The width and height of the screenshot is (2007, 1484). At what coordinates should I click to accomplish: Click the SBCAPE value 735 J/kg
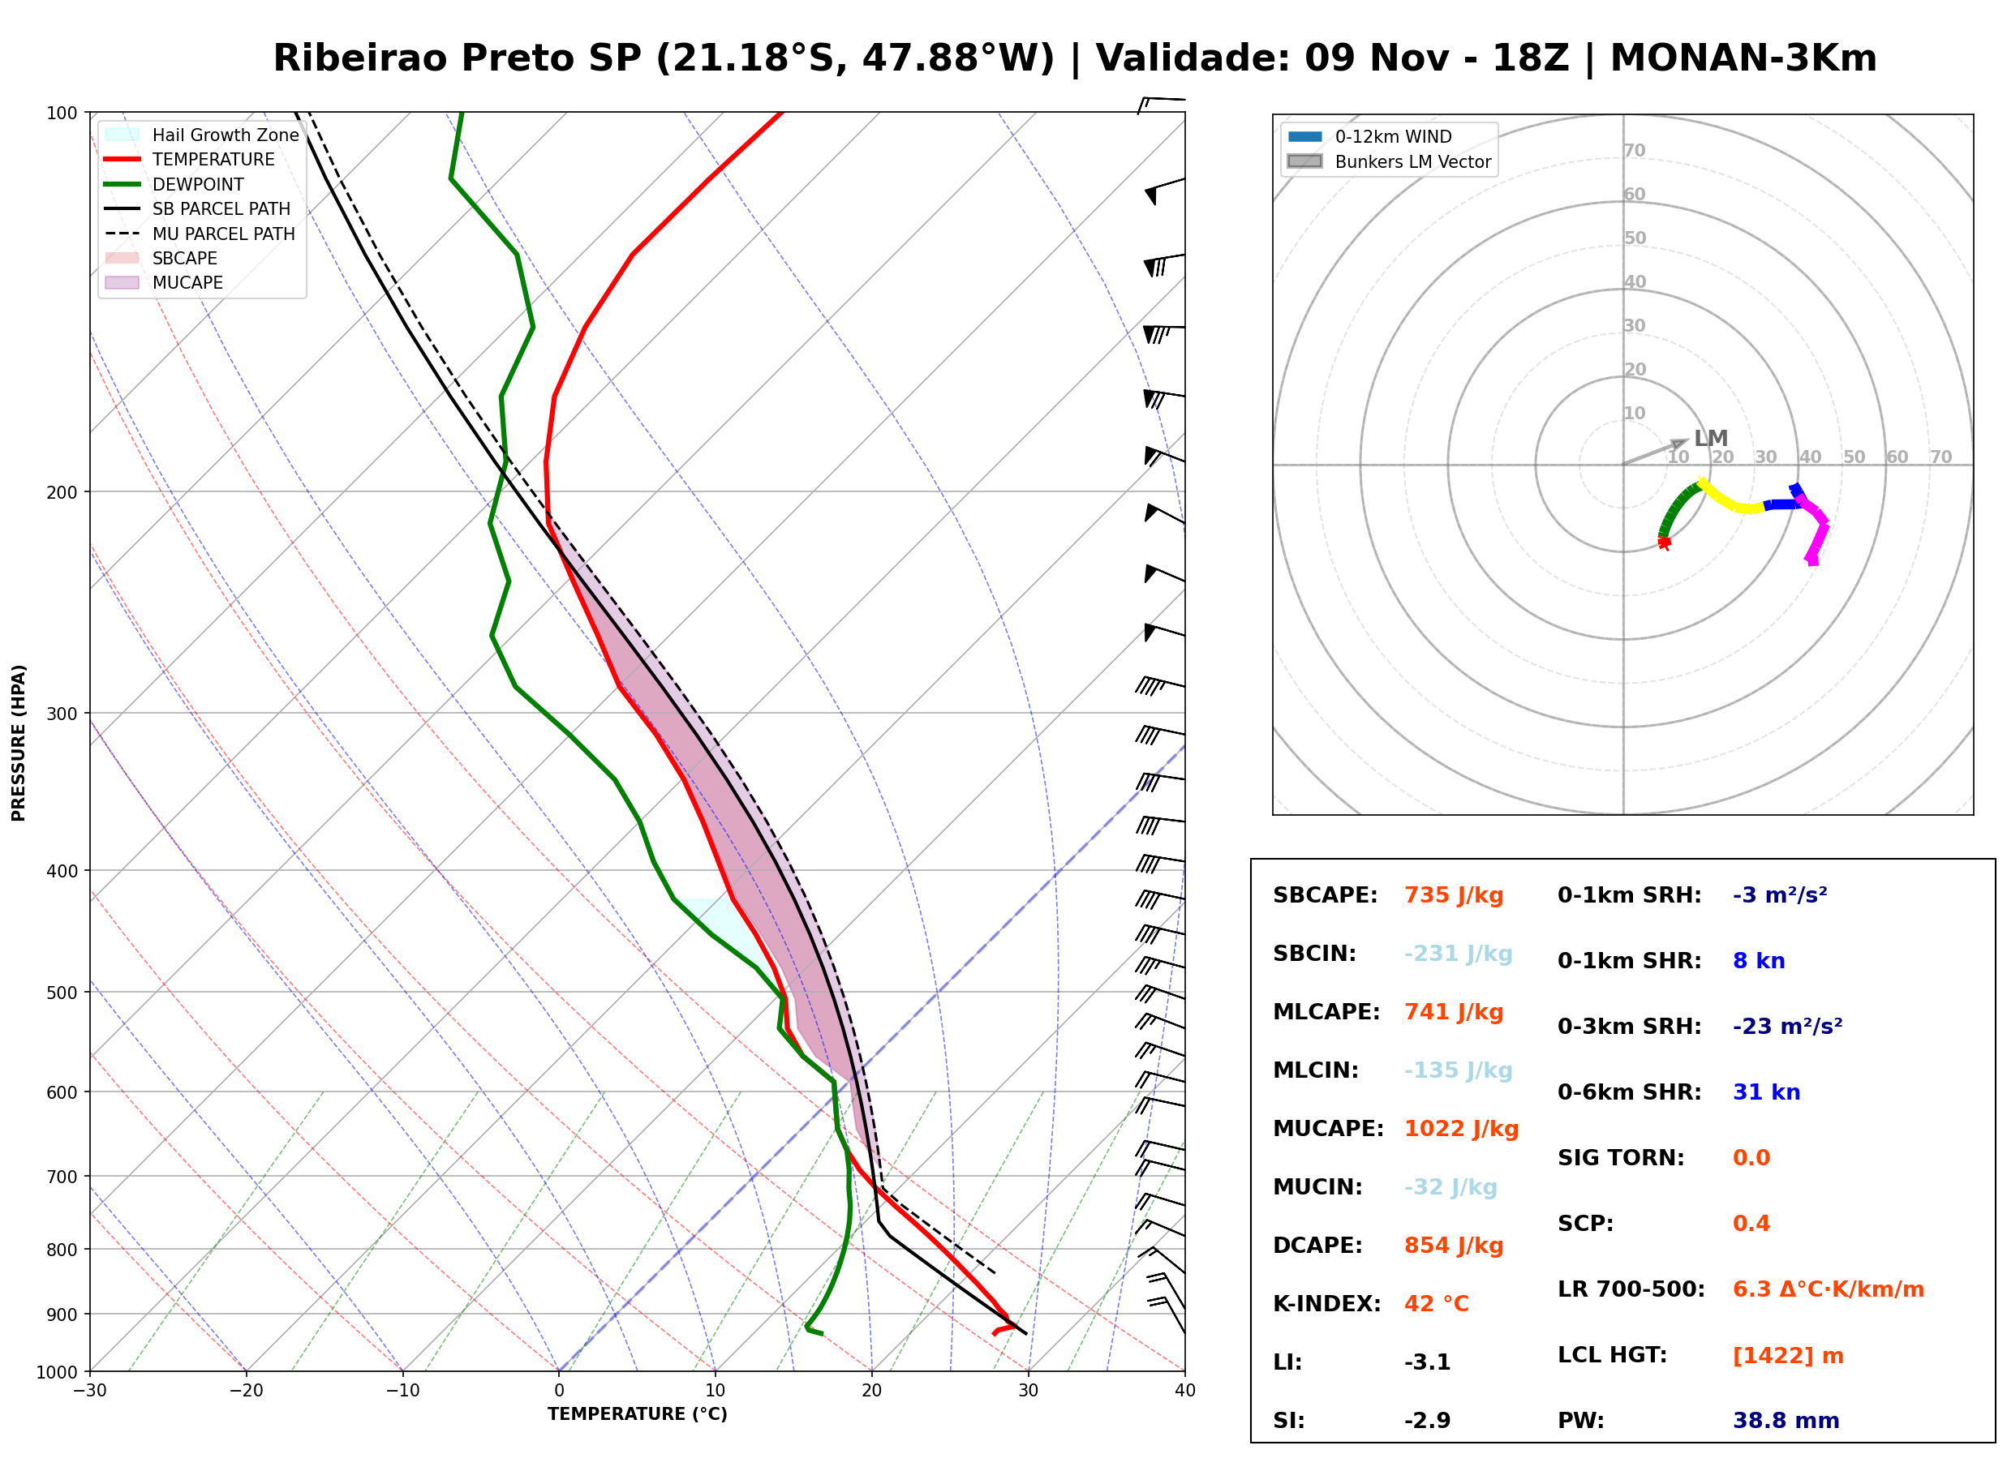pos(1454,895)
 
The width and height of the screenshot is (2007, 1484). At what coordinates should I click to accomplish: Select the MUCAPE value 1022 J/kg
pos(1461,1129)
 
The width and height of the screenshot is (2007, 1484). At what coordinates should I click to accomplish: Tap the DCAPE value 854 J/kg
pos(1454,1246)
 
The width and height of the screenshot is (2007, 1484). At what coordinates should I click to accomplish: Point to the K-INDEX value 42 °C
pos(1436,1304)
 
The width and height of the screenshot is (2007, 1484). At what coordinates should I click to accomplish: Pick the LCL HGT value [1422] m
pos(1788,1356)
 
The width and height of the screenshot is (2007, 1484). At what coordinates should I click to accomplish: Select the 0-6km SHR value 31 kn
pos(1766,1092)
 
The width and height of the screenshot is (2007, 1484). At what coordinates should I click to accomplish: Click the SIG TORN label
pos(1621,1158)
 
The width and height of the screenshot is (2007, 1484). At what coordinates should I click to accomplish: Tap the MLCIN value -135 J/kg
pos(1458,1070)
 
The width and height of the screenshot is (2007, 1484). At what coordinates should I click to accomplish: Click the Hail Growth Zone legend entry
pos(201,135)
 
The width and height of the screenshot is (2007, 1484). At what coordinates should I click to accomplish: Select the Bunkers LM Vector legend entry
pos(1389,161)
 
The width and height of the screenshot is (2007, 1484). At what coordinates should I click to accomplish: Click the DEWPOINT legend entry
pos(174,184)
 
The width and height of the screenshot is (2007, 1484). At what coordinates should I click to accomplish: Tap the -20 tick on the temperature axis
pos(245,1390)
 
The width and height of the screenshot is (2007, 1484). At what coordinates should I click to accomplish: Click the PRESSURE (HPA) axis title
pos(19,743)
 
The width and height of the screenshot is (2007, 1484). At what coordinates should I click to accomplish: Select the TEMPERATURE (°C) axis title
pos(637,1414)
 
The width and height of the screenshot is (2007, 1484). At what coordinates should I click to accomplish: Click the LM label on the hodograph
pos(1711,439)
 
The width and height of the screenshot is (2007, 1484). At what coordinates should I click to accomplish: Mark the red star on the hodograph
pos(1664,543)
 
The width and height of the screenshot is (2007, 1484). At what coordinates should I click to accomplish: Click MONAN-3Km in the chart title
pos(1743,58)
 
